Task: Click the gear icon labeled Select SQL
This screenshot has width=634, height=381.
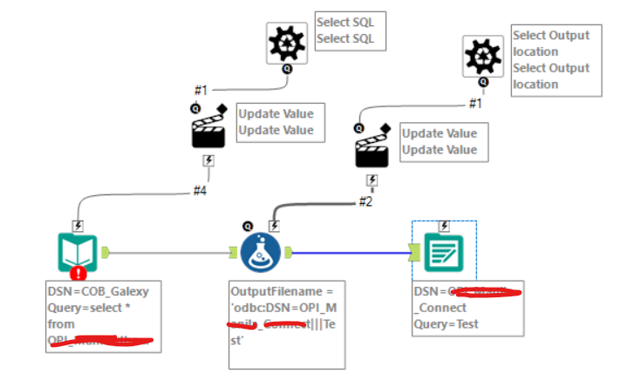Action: [x=287, y=41]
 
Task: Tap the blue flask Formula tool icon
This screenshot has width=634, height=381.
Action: [x=262, y=253]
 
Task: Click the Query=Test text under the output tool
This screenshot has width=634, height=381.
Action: [x=445, y=325]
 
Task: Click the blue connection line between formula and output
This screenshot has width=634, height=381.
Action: [x=349, y=253]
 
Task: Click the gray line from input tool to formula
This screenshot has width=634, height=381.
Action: [x=166, y=253]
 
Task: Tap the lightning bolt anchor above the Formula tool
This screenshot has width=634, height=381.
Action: [x=274, y=225]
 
